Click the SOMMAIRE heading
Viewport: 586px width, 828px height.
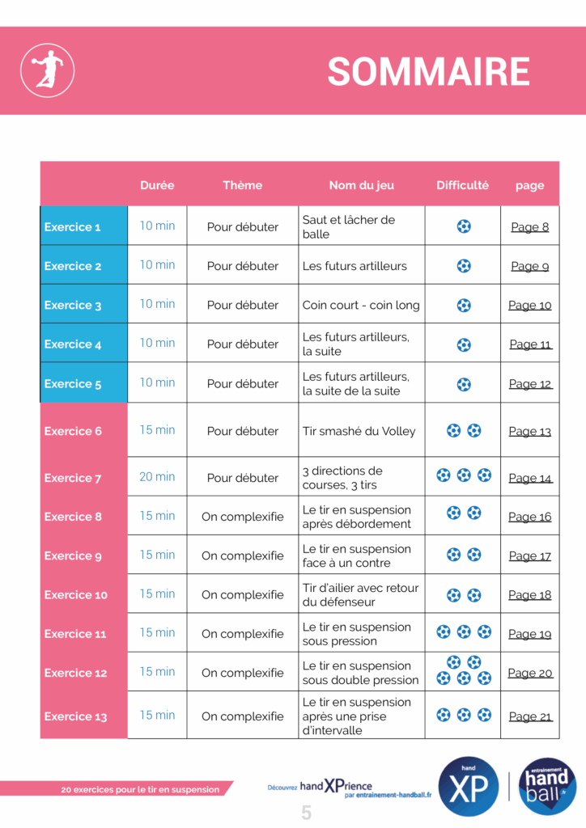(428, 72)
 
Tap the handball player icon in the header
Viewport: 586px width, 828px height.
(47, 70)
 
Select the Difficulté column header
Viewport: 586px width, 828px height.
(462, 185)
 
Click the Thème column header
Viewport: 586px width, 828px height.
(243, 185)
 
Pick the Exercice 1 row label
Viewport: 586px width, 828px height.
(73, 227)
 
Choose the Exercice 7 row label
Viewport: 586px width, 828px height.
(73, 478)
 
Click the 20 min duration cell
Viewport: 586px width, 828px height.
(157, 477)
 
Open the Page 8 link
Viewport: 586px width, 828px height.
(529, 227)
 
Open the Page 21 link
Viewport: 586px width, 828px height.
(529, 716)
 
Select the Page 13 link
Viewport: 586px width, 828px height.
(529, 431)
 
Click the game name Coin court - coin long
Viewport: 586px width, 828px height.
(361, 305)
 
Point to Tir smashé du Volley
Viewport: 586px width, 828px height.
(359, 431)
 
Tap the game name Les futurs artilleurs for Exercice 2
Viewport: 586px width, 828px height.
(355, 266)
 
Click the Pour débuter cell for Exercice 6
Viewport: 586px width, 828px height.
(243, 431)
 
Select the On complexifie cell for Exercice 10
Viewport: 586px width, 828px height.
(243, 595)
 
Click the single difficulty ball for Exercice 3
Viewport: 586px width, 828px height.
(464, 305)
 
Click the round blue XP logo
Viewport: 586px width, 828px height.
(468, 787)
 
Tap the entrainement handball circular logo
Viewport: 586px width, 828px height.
(547, 785)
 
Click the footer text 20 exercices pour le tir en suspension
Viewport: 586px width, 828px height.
(140, 789)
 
